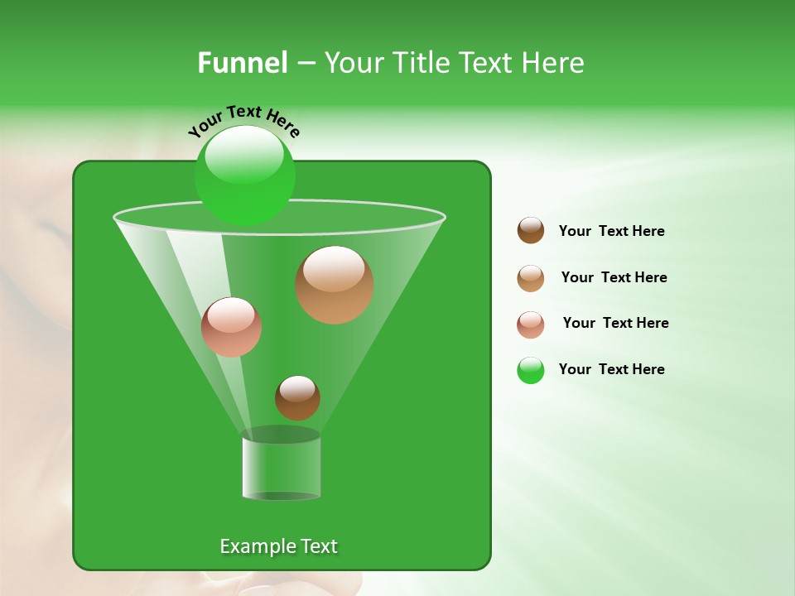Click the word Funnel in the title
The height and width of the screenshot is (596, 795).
[x=242, y=63]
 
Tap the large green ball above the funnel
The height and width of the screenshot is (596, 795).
[x=244, y=175]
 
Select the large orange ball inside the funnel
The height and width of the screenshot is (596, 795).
[x=335, y=285]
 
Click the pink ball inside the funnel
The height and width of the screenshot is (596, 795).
[x=231, y=327]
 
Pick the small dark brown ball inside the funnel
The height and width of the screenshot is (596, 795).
[x=297, y=397]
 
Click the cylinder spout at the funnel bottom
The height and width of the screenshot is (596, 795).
[x=282, y=469]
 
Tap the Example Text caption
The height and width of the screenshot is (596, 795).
[x=278, y=546]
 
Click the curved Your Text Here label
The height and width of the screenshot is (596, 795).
[x=244, y=119]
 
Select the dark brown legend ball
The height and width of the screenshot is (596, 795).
[x=531, y=231]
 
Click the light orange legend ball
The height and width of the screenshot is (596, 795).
[x=531, y=278]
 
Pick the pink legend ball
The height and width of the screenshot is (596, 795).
[x=531, y=324]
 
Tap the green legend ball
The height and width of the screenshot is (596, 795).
[x=531, y=370]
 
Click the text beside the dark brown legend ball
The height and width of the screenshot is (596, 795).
[x=611, y=231]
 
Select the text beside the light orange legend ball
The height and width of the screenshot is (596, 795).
[x=614, y=277]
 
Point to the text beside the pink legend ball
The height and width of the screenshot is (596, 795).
[x=615, y=323]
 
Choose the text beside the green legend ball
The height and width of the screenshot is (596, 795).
[x=611, y=369]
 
